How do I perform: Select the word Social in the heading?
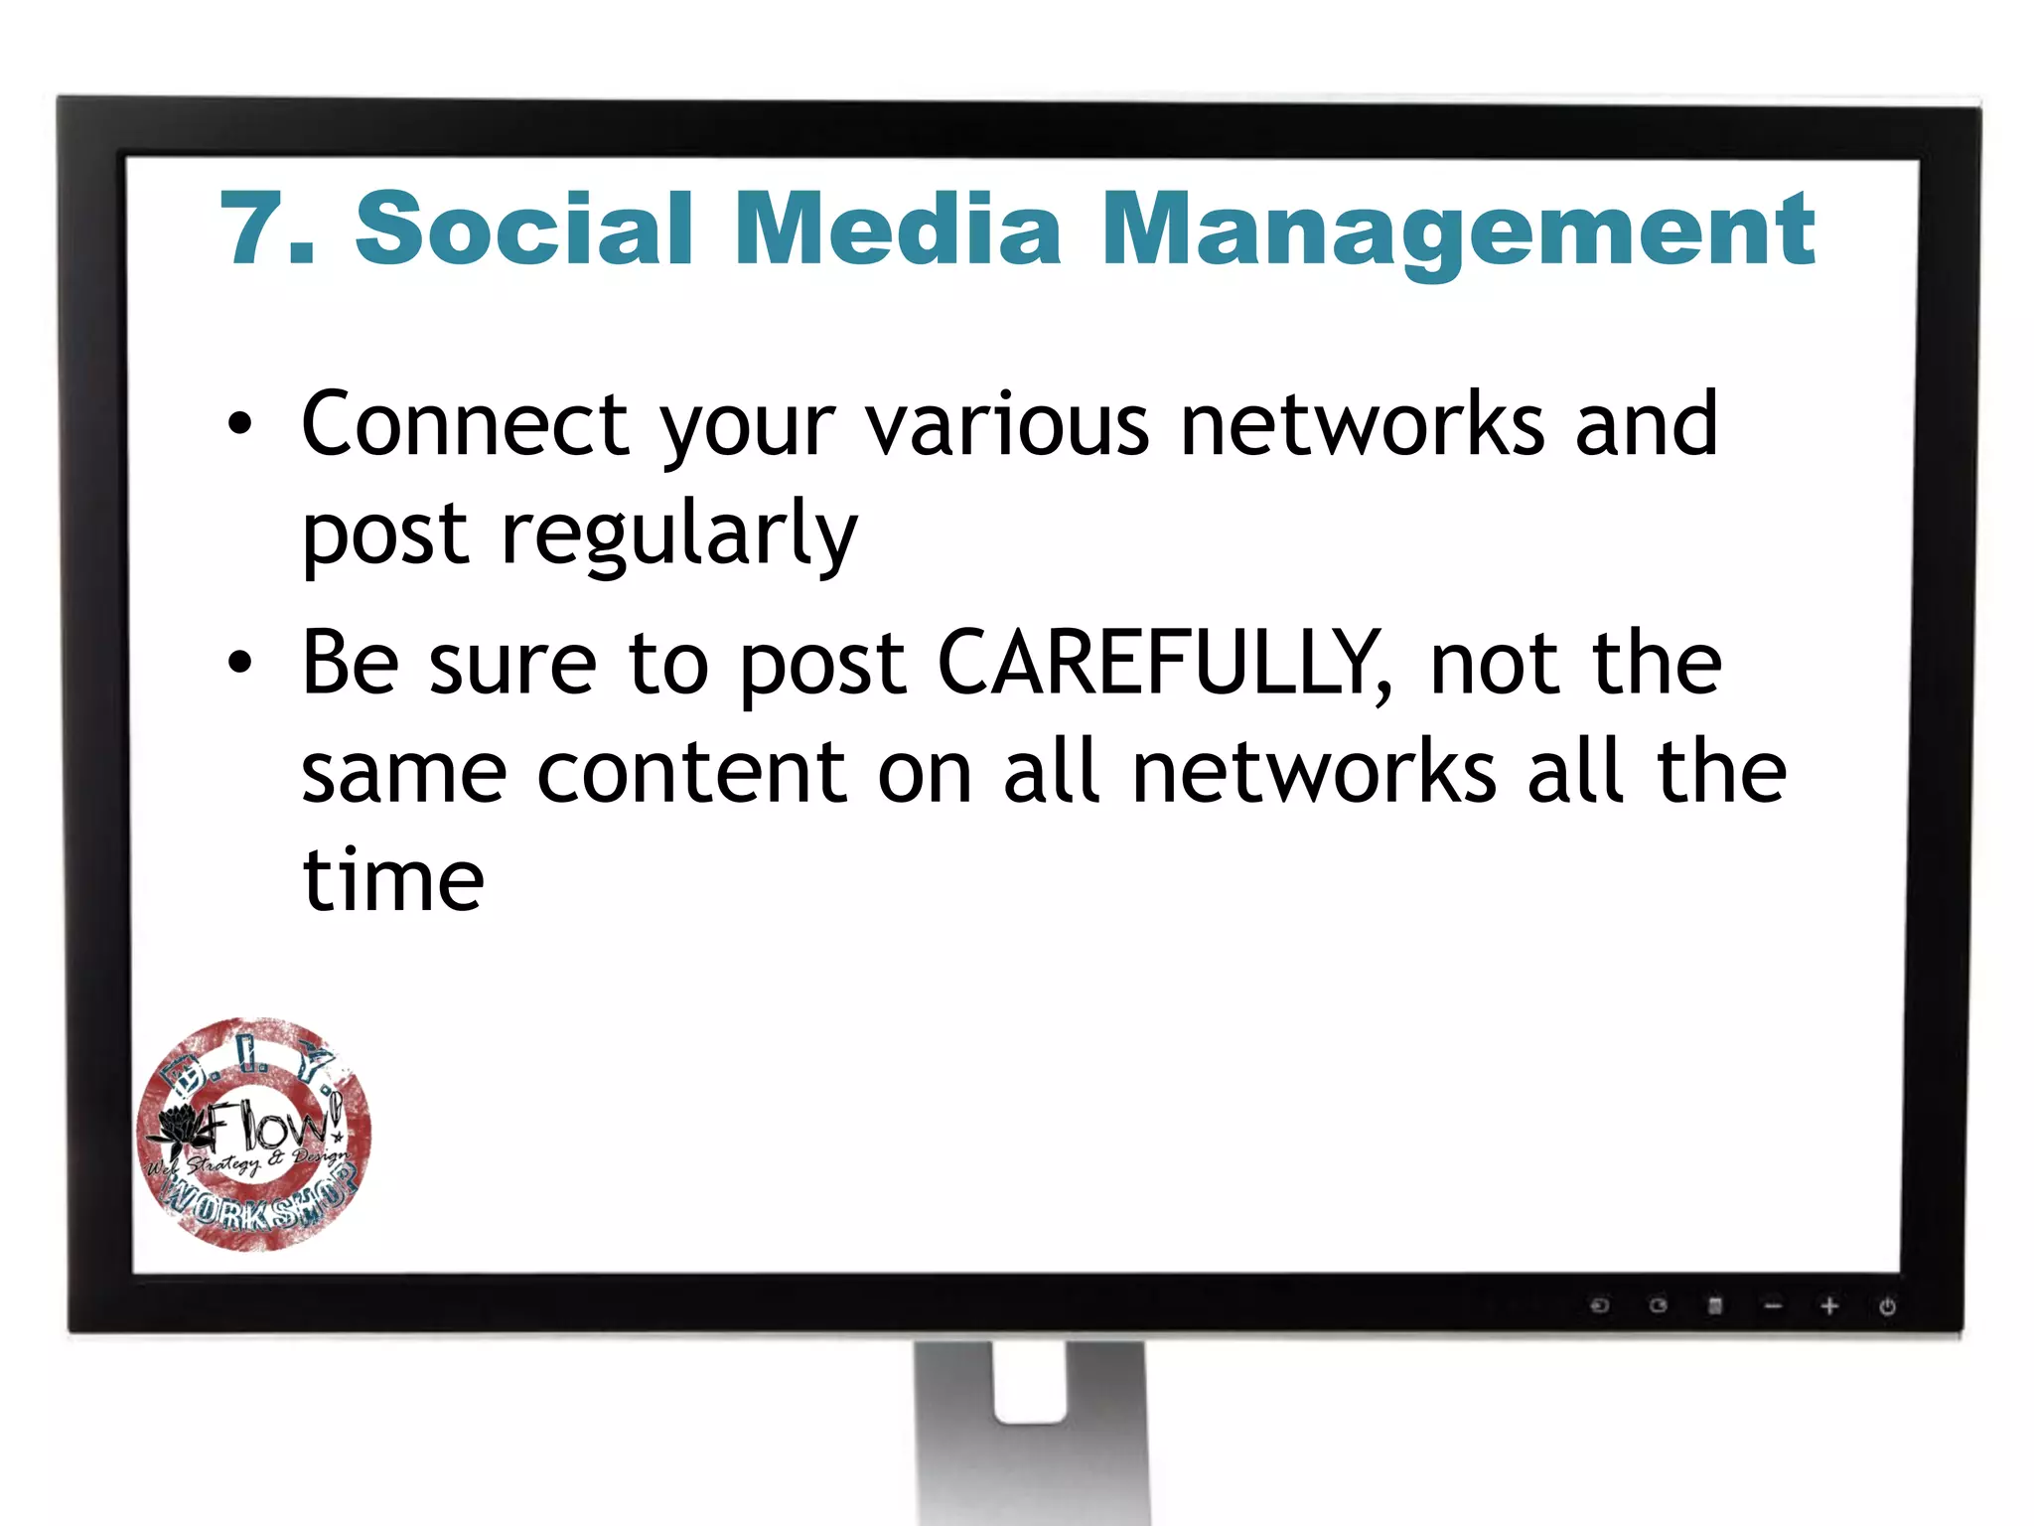tap(523, 229)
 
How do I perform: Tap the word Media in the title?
tap(899, 229)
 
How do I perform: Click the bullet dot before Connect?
tap(239, 424)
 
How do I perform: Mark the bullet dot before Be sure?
tap(239, 662)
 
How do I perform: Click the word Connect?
tap(465, 424)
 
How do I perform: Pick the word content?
tap(692, 772)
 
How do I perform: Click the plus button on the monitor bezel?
tap(1829, 1305)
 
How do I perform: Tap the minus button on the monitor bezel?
tap(1773, 1305)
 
